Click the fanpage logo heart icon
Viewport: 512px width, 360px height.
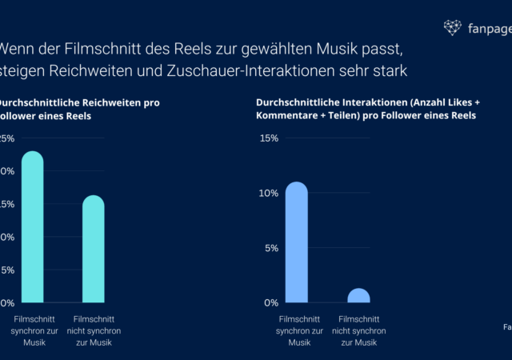click(452, 28)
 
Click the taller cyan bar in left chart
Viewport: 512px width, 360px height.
click(32, 228)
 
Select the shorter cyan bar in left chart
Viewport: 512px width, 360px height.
click(94, 250)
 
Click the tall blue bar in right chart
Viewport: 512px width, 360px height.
click(297, 243)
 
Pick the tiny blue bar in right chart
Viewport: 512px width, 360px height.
click(358, 296)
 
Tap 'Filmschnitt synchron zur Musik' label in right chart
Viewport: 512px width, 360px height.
click(299, 330)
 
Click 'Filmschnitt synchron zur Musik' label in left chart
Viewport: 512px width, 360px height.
click(33, 330)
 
